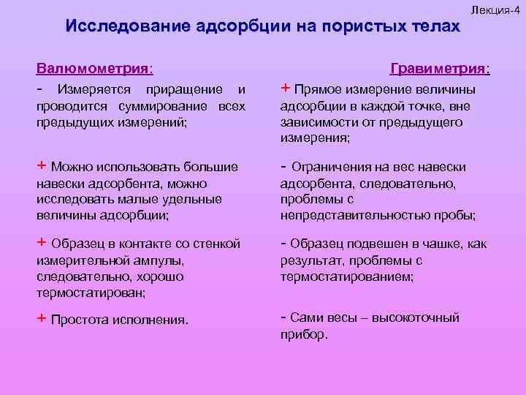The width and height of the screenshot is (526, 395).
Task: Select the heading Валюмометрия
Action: (95, 69)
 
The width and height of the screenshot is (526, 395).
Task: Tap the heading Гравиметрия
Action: (440, 69)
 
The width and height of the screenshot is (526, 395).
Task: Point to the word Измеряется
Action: (91, 89)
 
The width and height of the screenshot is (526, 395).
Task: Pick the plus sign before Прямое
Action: (285, 89)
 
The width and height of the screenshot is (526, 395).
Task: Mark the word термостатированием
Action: (346, 277)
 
